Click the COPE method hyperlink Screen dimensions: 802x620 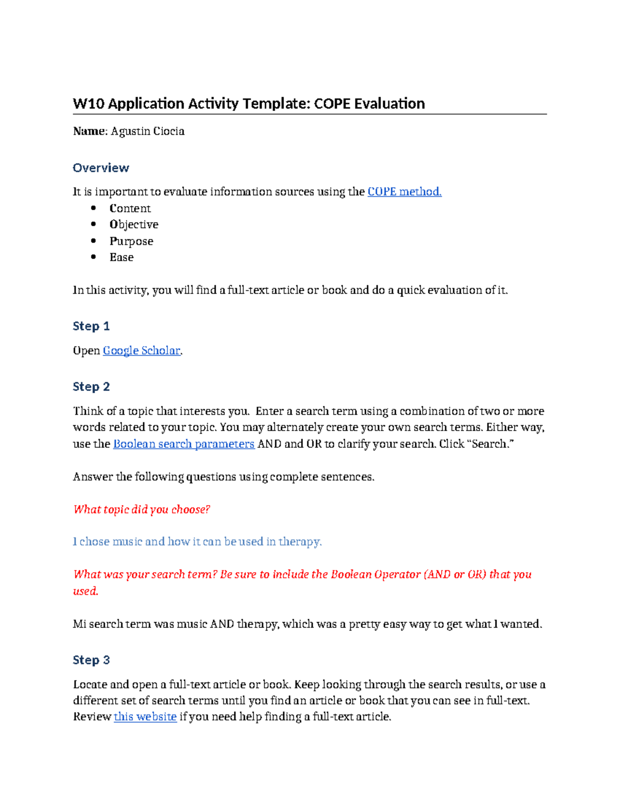tap(404, 192)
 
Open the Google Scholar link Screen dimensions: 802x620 tap(142, 351)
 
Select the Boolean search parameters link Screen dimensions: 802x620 tap(183, 444)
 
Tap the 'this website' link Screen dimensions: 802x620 tap(145, 717)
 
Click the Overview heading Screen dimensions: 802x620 tap(101, 168)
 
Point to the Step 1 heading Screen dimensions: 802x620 tap(91, 326)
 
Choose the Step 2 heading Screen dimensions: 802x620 tap(91, 387)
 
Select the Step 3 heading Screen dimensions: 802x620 tap(91, 660)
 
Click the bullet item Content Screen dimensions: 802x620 tap(130, 209)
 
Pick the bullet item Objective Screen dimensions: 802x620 tap(134, 225)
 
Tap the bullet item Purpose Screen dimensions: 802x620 tap(131, 241)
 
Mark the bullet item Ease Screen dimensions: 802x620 tap(121, 257)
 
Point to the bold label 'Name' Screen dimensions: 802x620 tap(89, 131)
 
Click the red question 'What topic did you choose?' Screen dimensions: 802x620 tap(142, 510)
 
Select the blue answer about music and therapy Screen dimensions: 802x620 tap(197, 542)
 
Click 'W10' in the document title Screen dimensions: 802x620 tap(88, 104)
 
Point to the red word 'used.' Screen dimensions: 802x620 tap(85, 591)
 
